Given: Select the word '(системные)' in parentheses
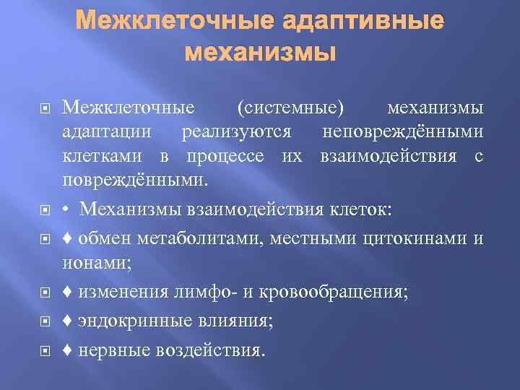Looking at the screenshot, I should [x=291, y=108].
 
